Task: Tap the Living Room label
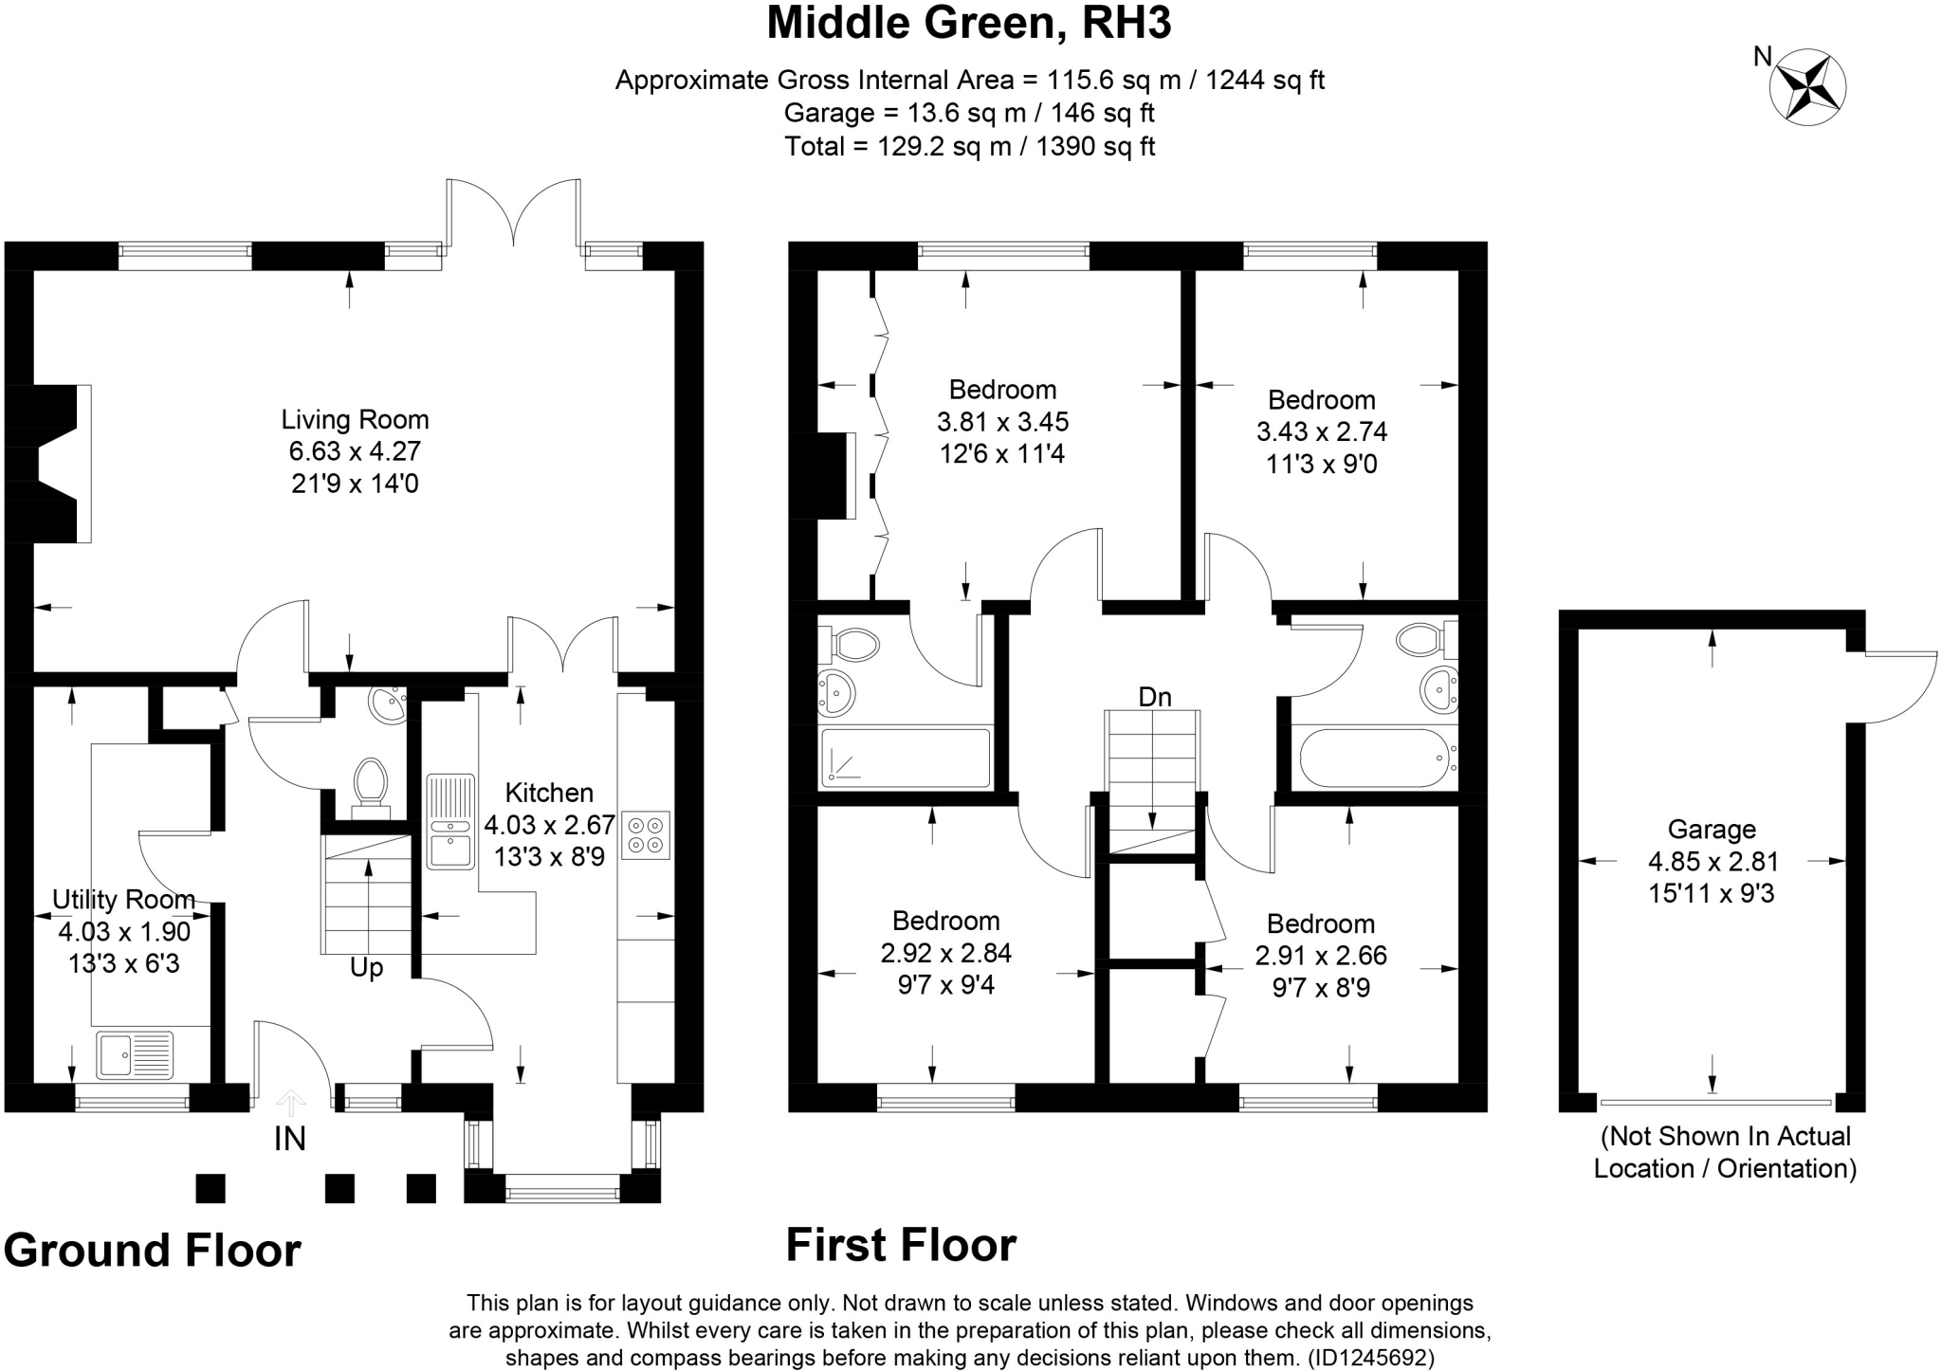pos(355,419)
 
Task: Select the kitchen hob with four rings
pos(646,835)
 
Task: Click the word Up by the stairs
pos(367,968)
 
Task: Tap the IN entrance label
pos(290,1139)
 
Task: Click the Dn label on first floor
pos(1154,697)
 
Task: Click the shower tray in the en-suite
pos(906,758)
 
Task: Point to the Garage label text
pos(1712,830)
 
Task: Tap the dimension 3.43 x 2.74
pos(1321,432)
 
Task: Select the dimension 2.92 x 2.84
pos(945,953)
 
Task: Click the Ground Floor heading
pos(152,1251)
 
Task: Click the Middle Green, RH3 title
pos(968,24)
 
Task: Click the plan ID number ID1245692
pos(1370,1358)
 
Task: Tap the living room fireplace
pos(52,464)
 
